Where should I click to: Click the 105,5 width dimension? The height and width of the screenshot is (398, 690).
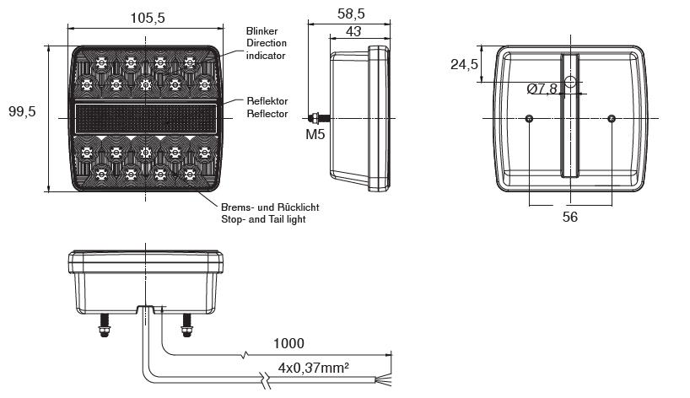point(148,18)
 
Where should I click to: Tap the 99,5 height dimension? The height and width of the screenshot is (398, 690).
point(22,111)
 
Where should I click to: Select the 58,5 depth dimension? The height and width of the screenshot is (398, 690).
point(351,13)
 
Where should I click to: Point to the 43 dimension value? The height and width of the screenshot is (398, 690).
point(353,31)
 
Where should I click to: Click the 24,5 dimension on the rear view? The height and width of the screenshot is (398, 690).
point(464,65)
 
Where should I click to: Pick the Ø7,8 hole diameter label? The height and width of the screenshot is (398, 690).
point(542,89)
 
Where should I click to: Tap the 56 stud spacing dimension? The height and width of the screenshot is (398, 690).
point(570,217)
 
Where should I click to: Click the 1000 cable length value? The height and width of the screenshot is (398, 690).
point(288,343)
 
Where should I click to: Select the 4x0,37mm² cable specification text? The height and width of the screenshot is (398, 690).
point(313,367)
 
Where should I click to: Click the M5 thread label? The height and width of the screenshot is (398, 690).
point(315,134)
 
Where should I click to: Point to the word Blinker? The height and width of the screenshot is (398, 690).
point(261,31)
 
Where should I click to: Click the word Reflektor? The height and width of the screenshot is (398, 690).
point(267,101)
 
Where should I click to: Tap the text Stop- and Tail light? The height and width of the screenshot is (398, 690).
point(263,219)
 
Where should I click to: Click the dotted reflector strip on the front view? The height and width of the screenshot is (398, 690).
point(146,119)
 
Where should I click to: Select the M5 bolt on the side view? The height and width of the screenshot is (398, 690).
point(319,118)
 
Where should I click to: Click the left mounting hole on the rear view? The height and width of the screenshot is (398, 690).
point(529,118)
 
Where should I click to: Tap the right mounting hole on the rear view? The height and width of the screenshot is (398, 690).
point(612,118)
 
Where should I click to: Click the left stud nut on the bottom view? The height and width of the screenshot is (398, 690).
point(104,330)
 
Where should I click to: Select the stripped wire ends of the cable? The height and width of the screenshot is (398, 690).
point(384,381)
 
